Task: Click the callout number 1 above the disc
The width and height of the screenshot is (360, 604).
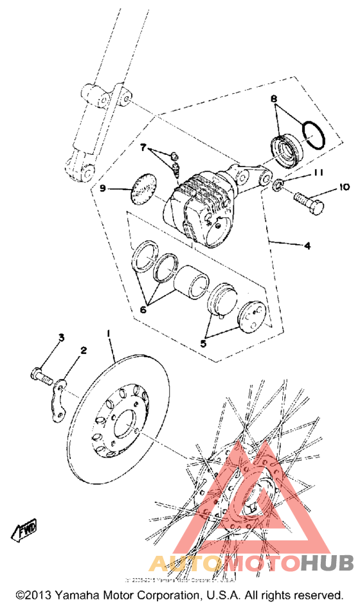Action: [109, 333]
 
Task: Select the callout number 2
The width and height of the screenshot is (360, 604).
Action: [83, 350]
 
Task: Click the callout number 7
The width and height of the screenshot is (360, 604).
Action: [144, 148]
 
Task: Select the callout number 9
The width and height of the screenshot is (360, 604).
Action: [102, 188]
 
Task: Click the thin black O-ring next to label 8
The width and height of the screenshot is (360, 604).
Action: [314, 135]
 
